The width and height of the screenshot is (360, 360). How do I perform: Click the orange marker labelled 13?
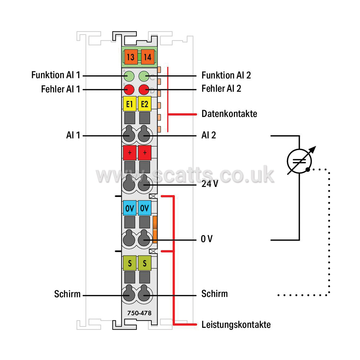[x=131, y=57]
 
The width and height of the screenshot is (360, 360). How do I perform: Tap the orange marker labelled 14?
[x=148, y=57]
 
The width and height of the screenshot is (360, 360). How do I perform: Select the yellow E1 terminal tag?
[x=130, y=104]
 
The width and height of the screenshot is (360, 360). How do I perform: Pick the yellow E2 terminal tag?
[x=145, y=104]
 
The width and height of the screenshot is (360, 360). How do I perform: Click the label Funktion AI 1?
[x=56, y=75]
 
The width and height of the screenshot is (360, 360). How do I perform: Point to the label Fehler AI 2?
[x=221, y=89]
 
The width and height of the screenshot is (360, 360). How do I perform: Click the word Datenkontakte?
[x=229, y=114]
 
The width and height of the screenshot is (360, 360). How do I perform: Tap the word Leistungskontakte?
[x=236, y=325]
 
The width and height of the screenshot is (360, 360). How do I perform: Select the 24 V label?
[x=210, y=184]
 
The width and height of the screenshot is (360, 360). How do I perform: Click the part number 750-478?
[x=139, y=313]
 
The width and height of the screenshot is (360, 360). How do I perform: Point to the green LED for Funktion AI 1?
[x=129, y=76]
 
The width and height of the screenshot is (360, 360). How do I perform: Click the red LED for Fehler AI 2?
[x=144, y=90]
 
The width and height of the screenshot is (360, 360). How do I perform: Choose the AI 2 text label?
[x=209, y=135]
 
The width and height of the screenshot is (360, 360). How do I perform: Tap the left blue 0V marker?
[x=130, y=208]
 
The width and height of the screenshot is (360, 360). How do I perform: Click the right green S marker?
[x=145, y=263]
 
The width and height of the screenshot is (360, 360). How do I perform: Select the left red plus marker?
[x=130, y=153]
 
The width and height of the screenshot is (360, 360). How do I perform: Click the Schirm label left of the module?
[x=67, y=294]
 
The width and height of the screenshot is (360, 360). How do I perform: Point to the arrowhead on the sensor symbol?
[x=313, y=149]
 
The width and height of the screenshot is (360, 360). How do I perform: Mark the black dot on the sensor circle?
[x=308, y=170]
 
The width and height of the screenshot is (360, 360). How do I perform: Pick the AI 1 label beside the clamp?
[x=73, y=135]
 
